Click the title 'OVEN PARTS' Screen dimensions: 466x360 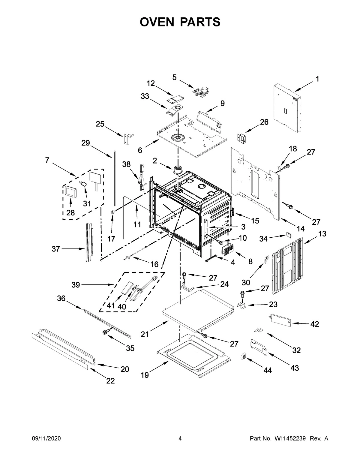(180, 22)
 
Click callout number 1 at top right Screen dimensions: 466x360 (317, 79)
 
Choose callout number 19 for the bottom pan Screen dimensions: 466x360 (145, 375)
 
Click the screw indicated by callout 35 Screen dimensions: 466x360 (105, 332)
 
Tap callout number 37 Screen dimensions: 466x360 (56, 249)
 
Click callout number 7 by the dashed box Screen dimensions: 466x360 (47, 160)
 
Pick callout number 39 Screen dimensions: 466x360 (76, 285)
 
